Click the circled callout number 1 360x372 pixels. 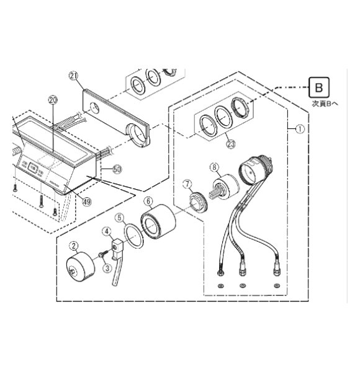tap(300, 130)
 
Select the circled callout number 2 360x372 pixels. tap(74, 246)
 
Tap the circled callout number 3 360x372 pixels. tap(107, 268)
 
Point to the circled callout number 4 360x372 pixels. tap(107, 231)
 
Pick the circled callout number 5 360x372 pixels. tap(119, 218)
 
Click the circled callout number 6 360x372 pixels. tap(148, 201)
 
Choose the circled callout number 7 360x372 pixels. tap(187, 184)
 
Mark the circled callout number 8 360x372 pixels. tap(214, 167)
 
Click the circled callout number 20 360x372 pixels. tap(53, 100)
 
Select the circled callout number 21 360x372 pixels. tap(73, 76)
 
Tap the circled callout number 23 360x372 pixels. tap(231, 144)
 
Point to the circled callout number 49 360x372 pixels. tap(87, 202)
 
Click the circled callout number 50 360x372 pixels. tap(117, 169)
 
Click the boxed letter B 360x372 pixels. tap(318, 87)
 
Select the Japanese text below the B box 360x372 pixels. tap(325, 104)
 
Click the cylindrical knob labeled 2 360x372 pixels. tap(81, 267)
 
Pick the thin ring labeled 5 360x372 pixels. tap(133, 237)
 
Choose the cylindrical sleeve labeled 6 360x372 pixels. tap(158, 221)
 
